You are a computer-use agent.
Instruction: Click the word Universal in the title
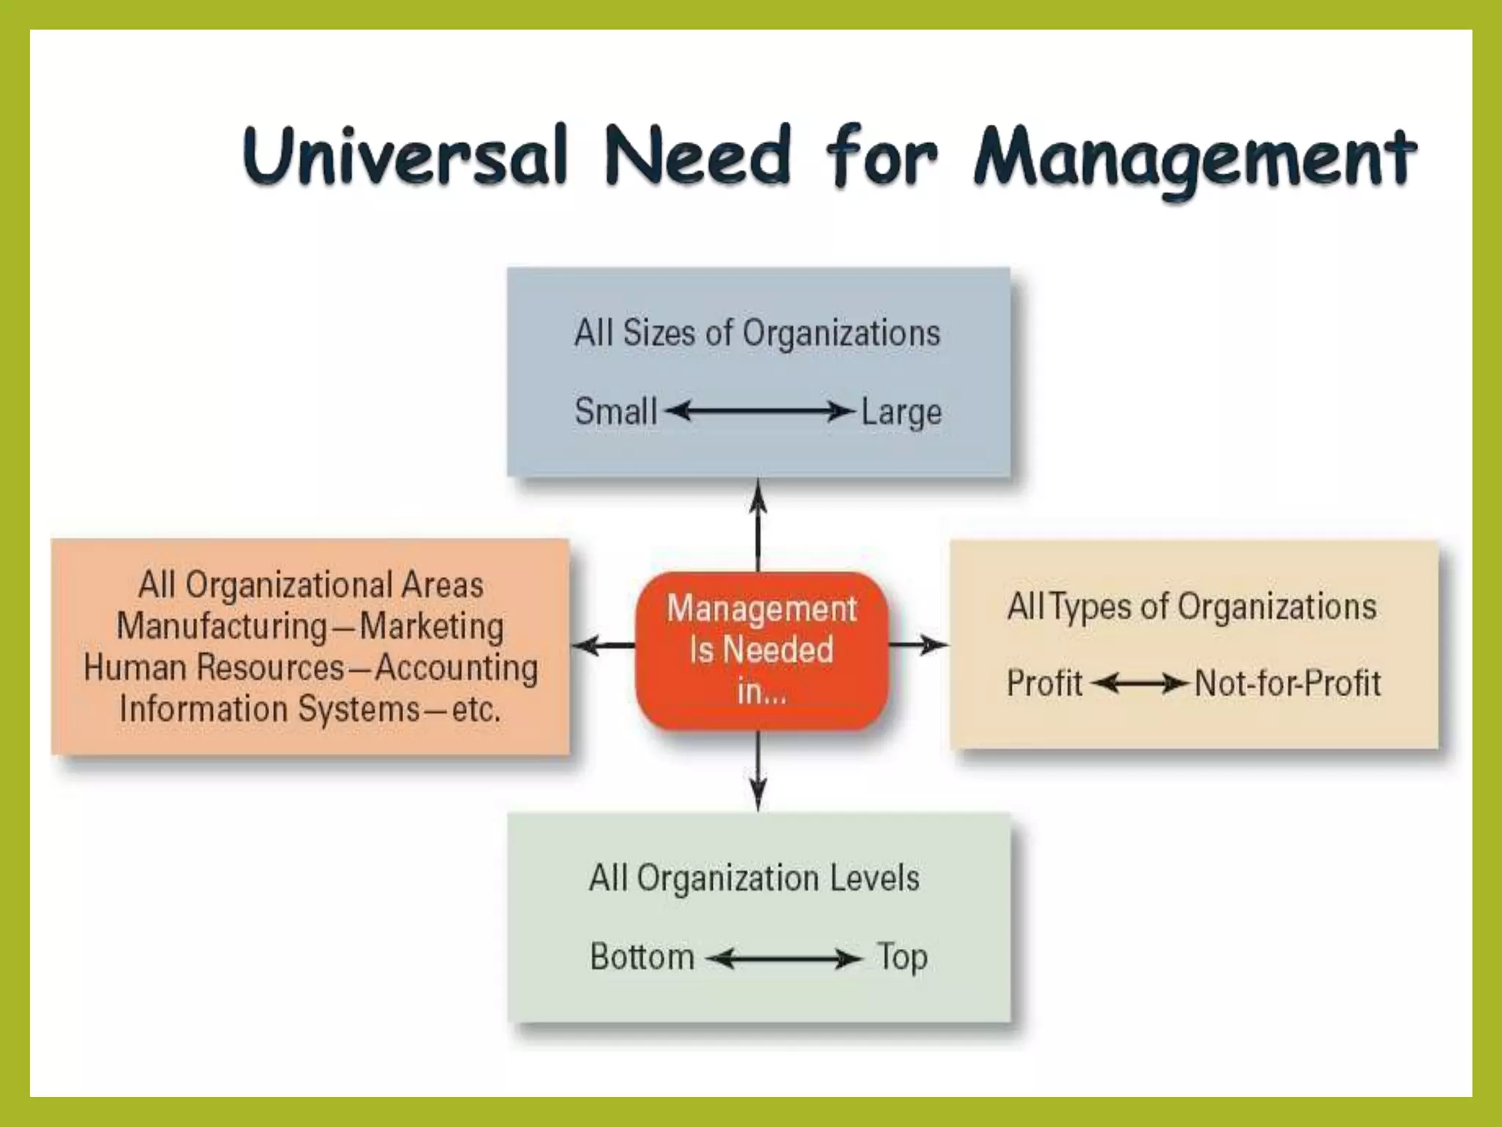[x=406, y=156]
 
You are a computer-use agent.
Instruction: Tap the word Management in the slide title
[x=1195, y=158]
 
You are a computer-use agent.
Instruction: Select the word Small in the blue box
[x=615, y=411]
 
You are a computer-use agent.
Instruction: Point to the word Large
[x=901, y=412]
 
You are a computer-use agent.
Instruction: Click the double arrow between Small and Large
[x=760, y=412]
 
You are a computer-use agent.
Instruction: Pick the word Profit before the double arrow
[x=1044, y=684]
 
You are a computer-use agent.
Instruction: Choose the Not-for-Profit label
[x=1287, y=684]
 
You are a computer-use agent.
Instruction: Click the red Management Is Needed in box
[x=761, y=650]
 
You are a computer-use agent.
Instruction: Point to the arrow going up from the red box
[x=758, y=525]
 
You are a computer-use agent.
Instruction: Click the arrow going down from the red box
[x=758, y=770]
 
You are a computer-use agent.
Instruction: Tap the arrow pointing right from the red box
[x=918, y=646]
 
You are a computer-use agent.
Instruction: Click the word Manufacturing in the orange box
[x=221, y=627]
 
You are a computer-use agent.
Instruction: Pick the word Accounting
[x=456, y=668]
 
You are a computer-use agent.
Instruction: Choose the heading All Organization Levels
[x=754, y=878]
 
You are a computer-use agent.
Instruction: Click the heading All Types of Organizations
[x=1191, y=608]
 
